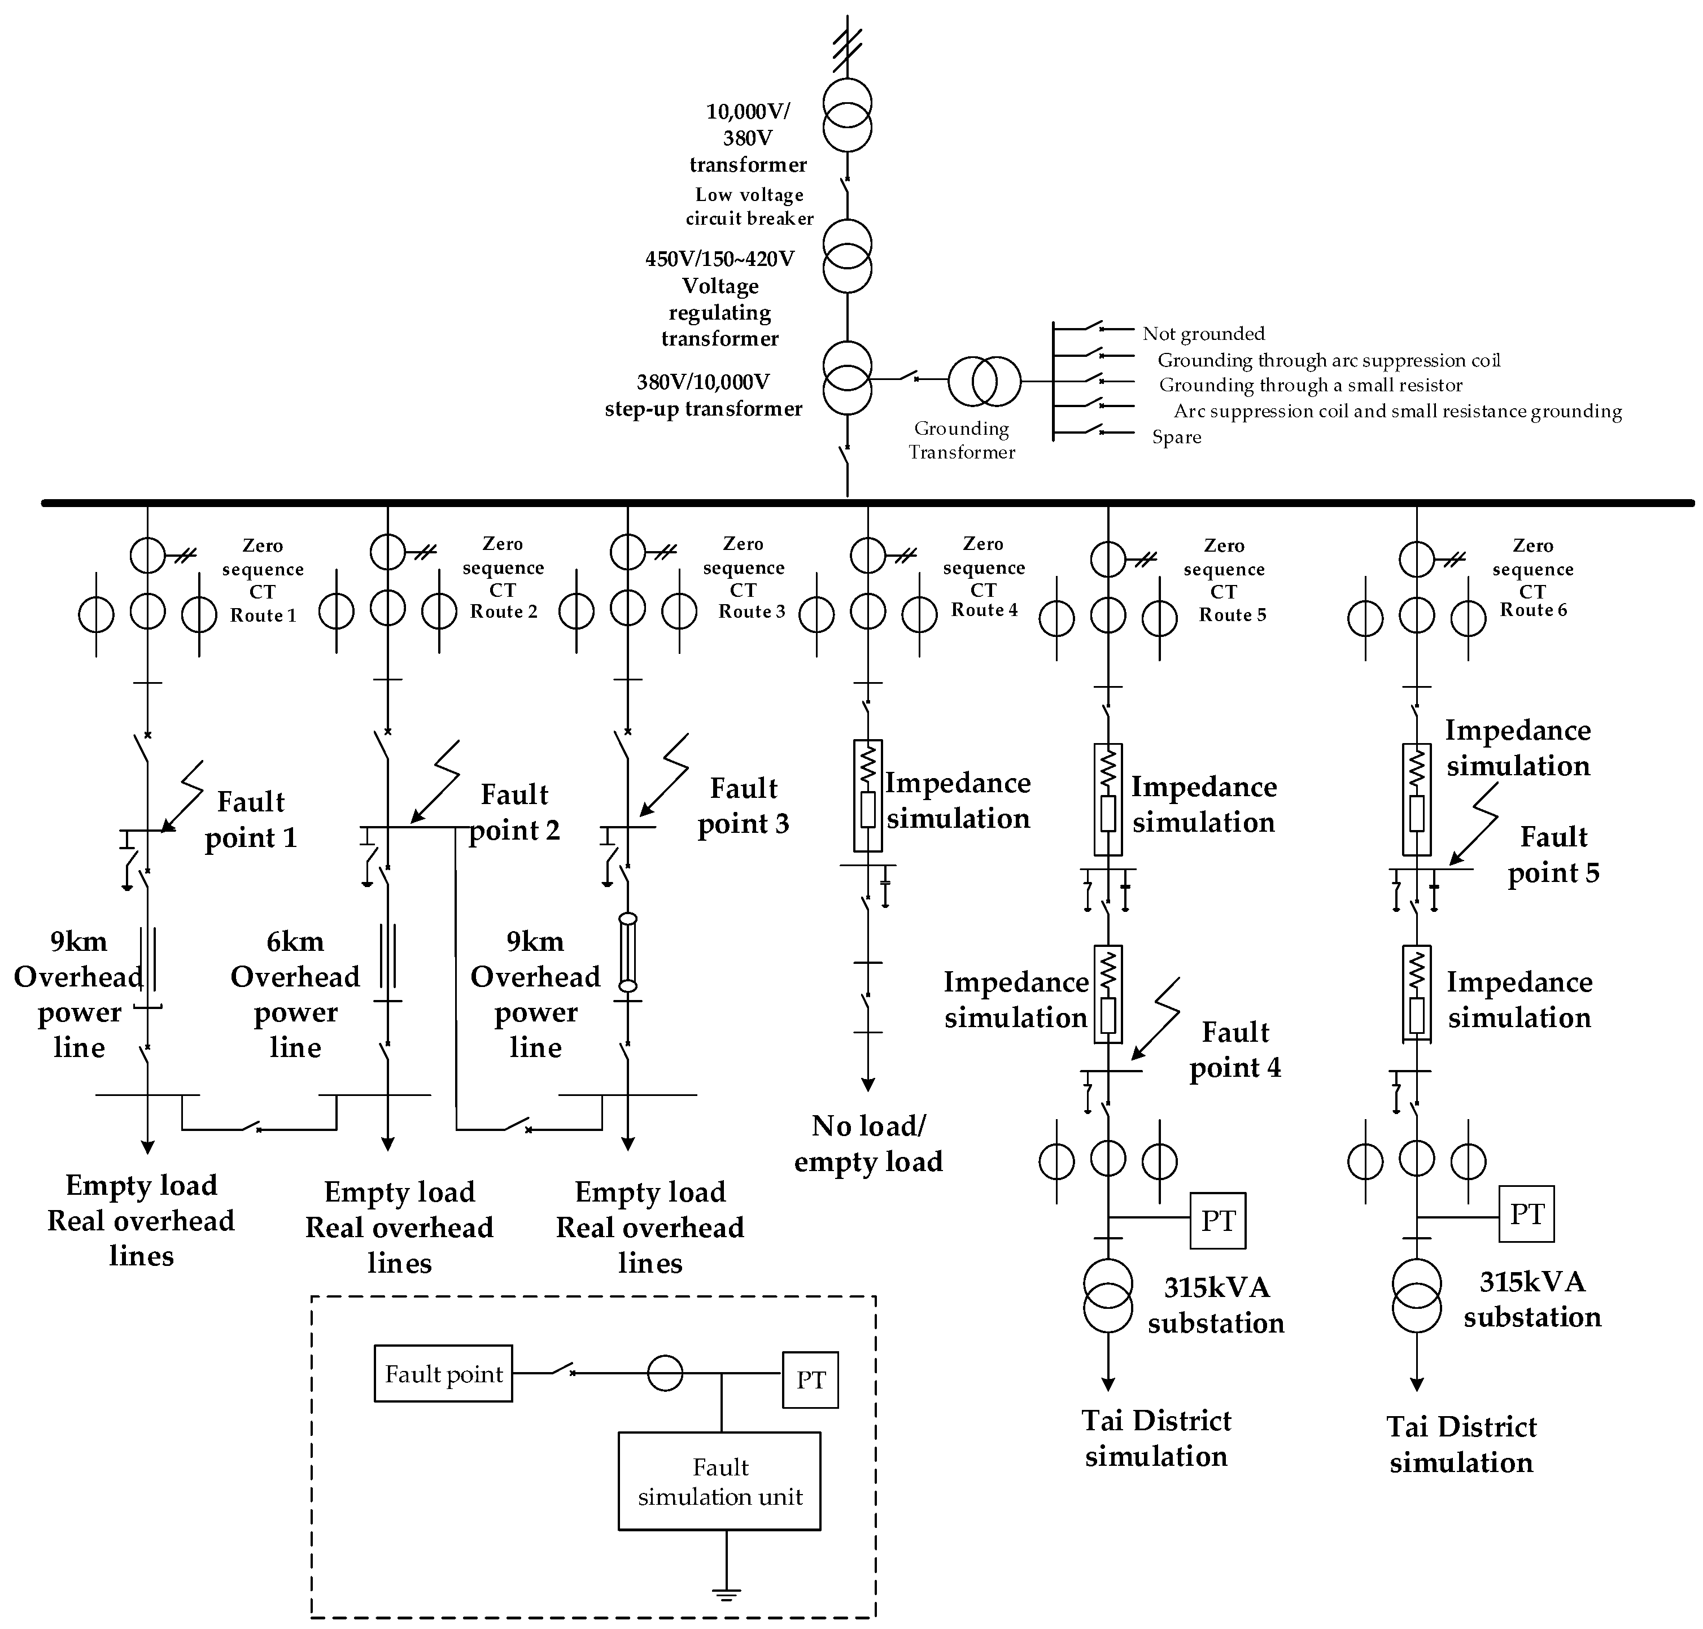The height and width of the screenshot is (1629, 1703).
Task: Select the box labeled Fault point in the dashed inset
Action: (x=443, y=1374)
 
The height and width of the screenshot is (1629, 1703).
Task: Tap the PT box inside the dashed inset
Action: (x=809, y=1380)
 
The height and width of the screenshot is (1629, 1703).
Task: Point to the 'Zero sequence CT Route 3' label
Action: (x=744, y=578)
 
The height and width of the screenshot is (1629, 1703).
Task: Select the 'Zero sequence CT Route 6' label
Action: (x=1533, y=578)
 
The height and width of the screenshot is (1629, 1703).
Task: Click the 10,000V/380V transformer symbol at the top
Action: (x=847, y=115)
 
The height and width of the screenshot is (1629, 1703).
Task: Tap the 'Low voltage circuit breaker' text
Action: (x=749, y=207)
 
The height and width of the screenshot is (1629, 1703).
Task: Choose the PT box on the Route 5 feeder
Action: (x=1217, y=1220)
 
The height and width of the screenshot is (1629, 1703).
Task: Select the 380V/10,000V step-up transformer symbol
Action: (x=847, y=379)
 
